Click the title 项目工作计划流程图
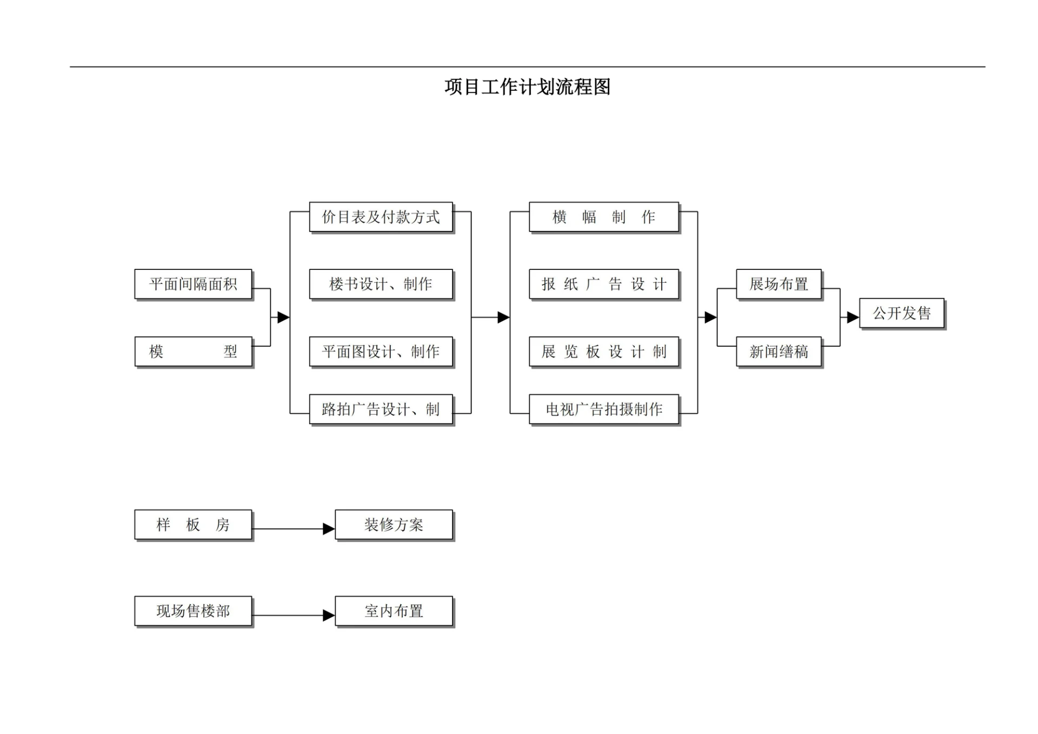[x=527, y=87]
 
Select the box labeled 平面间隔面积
[x=193, y=284]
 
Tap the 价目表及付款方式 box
[x=381, y=217]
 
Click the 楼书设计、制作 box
[x=381, y=284]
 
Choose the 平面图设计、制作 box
[x=381, y=352]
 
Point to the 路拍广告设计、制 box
[x=381, y=409]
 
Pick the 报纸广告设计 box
[x=603, y=284]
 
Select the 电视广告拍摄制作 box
[x=603, y=409]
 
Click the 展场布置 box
[x=778, y=284]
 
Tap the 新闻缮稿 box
[x=778, y=352]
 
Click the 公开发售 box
[x=901, y=313]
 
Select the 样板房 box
[x=193, y=525]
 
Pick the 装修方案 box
[x=394, y=525]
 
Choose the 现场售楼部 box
[x=193, y=611]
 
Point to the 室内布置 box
[x=394, y=611]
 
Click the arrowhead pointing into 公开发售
[x=853, y=318]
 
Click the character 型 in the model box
[x=231, y=352]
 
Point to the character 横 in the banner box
[x=560, y=217]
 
